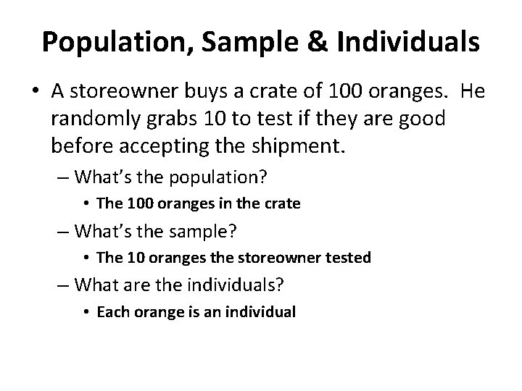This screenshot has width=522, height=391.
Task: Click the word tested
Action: click(x=349, y=258)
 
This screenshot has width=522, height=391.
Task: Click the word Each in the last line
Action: click(x=110, y=313)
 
